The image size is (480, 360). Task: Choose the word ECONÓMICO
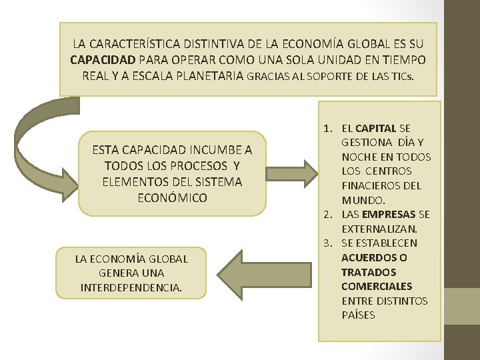pos(172,198)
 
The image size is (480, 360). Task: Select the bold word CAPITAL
pos(376,127)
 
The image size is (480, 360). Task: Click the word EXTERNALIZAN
pos(379,229)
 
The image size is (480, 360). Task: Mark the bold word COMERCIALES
pos(377,287)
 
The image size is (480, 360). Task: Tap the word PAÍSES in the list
pos(358,315)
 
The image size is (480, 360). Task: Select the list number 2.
pos(327,215)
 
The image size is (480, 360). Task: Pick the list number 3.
pos(327,243)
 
